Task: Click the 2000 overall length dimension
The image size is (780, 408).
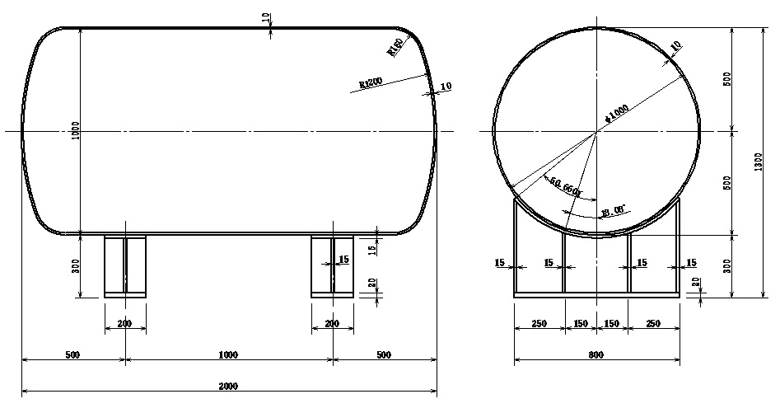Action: click(229, 385)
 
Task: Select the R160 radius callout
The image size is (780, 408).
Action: click(395, 48)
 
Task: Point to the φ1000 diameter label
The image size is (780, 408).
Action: click(615, 113)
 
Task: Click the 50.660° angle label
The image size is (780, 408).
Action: click(567, 187)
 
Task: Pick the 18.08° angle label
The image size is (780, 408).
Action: click(614, 211)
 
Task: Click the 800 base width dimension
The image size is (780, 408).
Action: click(596, 355)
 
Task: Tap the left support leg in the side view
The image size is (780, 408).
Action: click(125, 265)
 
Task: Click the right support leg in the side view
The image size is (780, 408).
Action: click(332, 265)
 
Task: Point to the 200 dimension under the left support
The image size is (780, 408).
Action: click(124, 324)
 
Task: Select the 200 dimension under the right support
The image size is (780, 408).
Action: click(332, 324)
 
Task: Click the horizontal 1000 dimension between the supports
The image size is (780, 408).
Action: click(228, 355)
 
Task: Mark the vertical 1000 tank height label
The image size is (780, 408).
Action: click(76, 131)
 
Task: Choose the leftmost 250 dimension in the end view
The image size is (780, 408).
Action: click(539, 324)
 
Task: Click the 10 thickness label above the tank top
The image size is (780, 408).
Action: click(269, 17)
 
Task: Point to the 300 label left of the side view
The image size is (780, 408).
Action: click(76, 265)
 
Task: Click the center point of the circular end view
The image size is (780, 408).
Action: click(596, 131)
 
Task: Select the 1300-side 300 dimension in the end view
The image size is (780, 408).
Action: click(726, 265)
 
